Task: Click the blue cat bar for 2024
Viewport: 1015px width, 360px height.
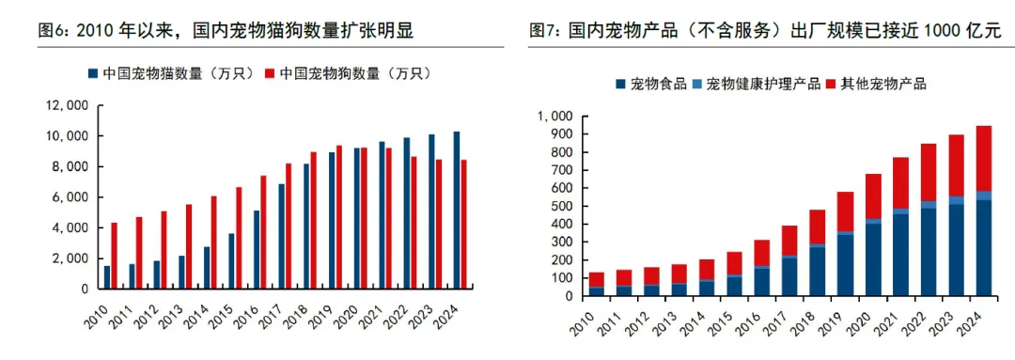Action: (x=457, y=210)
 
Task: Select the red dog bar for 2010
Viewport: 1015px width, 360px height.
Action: (x=115, y=256)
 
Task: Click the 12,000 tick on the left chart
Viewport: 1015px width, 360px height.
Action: (x=70, y=106)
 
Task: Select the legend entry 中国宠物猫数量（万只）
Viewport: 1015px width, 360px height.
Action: (x=172, y=73)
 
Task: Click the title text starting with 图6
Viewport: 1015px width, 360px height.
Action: (x=226, y=31)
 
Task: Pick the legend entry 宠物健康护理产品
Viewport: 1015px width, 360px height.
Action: (x=763, y=84)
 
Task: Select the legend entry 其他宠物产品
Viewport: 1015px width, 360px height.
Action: (x=880, y=84)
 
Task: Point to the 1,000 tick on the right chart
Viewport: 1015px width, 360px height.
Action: (x=554, y=117)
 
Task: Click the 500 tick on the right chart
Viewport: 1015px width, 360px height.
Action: (x=560, y=206)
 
